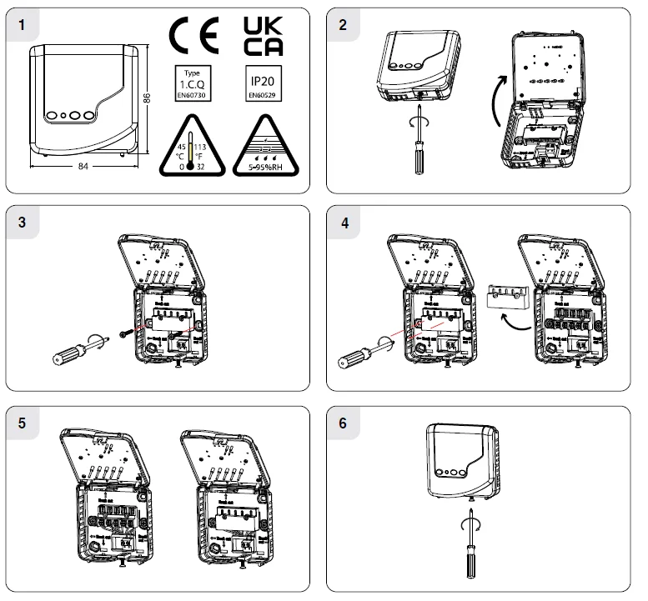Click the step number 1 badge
[x=21, y=25]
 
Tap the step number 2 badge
[x=342, y=25]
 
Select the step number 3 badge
[x=21, y=223]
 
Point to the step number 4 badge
[x=342, y=223]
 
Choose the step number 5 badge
[x=21, y=423]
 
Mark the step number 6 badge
[x=342, y=423]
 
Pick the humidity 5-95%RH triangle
[x=264, y=146]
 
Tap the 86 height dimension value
[x=147, y=98]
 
